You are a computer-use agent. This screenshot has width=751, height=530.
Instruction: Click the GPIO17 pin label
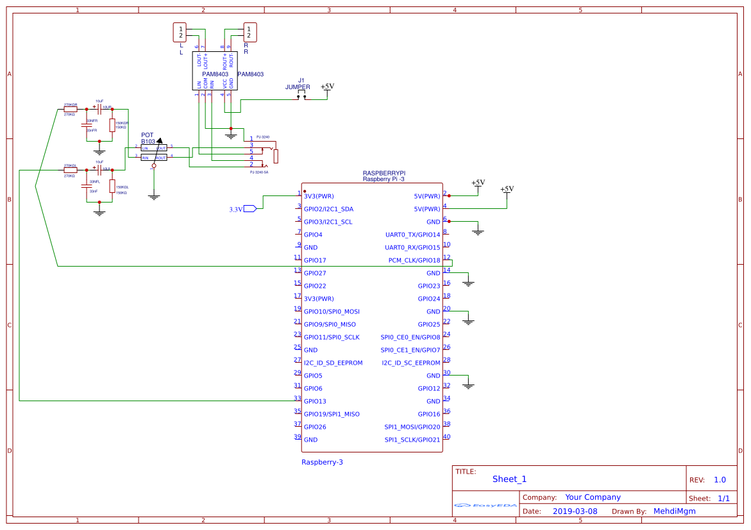point(315,261)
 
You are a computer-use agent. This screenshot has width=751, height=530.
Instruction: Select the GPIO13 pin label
point(315,402)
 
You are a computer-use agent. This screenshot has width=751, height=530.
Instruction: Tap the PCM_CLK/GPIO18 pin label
point(414,261)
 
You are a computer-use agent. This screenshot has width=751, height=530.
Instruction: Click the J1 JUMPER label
point(298,84)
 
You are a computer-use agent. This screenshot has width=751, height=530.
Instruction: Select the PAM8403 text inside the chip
point(215,75)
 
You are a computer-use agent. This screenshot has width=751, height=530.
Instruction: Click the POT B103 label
point(148,138)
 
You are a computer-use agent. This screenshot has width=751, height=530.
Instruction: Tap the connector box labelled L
point(181,32)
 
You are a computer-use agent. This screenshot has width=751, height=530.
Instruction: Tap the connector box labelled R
point(249,32)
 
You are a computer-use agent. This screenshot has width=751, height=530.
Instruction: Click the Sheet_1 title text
point(509,479)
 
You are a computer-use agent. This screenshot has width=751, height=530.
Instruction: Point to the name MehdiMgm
point(674,511)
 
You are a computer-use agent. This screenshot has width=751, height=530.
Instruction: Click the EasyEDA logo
point(485,506)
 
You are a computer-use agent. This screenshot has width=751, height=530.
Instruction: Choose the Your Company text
point(593,497)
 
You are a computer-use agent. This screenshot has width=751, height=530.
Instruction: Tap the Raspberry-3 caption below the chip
point(322,462)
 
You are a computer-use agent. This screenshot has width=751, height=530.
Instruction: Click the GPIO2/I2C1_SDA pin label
point(328,210)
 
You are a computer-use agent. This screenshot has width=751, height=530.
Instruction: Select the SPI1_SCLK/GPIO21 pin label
point(412,440)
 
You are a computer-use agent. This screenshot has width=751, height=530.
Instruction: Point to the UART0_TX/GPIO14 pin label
point(413,235)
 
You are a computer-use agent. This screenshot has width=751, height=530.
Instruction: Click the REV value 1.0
point(720,480)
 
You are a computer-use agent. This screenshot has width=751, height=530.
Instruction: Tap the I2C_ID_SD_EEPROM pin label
point(333,363)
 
